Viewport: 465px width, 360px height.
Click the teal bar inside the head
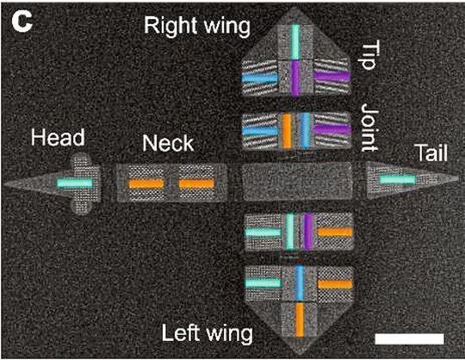point(74,183)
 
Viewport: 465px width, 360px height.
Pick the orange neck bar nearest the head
point(146,183)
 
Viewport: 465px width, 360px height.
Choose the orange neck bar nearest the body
point(196,183)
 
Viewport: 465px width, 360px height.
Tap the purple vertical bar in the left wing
point(307,233)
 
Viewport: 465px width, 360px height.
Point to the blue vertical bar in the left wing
point(298,282)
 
